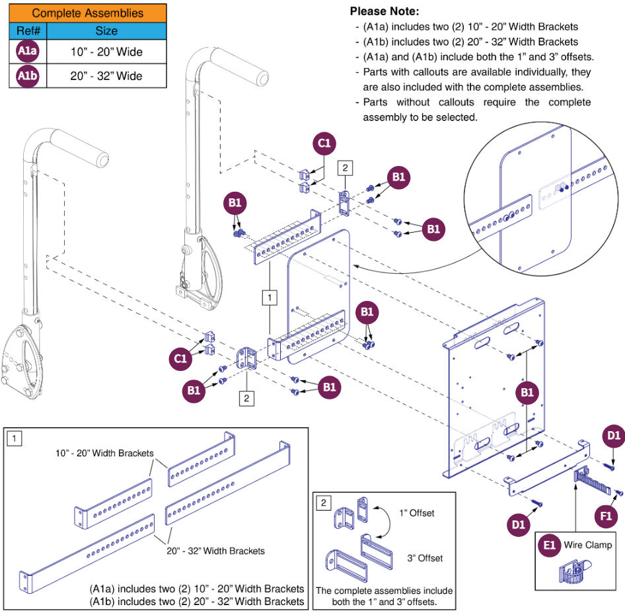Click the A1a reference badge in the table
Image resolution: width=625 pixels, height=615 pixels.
click(x=28, y=52)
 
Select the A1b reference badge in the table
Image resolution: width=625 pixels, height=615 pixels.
click(x=28, y=76)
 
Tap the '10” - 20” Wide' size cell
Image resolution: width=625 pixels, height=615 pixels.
click(x=106, y=52)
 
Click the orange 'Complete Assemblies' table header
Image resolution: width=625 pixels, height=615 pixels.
click(x=87, y=13)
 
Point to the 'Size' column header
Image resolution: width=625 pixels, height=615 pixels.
click(x=106, y=31)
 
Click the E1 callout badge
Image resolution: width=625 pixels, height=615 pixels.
click(x=549, y=546)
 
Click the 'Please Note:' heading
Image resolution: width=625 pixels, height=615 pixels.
click(x=384, y=12)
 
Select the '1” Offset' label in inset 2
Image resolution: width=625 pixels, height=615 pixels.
click(x=417, y=513)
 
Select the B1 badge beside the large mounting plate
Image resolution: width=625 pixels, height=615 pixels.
click(x=527, y=393)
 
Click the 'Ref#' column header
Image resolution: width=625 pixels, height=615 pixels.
click(x=28, y=31)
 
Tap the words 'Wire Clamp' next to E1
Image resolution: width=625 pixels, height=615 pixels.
click(x=587, y=546)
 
